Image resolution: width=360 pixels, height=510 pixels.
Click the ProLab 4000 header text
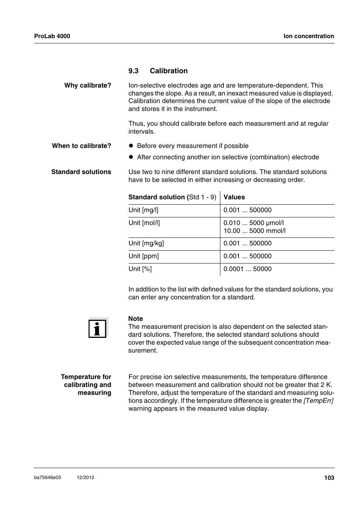[x=52, y=36]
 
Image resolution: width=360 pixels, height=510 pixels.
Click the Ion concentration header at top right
[x=309, y=36]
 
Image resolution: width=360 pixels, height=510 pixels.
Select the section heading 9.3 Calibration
[x=158, y=71]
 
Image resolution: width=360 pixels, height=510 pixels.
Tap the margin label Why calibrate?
[x=88, y=85]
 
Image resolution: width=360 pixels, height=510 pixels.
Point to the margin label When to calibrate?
[x=82, y=146]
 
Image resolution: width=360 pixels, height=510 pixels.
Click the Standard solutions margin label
[x=81, y=172]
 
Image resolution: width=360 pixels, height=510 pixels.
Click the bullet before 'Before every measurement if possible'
[x=131, y=146]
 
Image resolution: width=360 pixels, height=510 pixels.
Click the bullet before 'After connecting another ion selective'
[x=131, y=157]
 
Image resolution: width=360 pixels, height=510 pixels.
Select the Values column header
[x=234, y=197]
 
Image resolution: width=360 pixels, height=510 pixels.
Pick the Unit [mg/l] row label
[x=143, y=210]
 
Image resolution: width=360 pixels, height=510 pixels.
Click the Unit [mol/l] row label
[x=144, y=223]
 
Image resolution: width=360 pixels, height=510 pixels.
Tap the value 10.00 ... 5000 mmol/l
[x=254, y=231]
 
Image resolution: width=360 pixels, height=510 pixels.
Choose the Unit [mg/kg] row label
[x=146, y=243]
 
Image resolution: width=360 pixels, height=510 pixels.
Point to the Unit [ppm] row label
[x=143, y=256]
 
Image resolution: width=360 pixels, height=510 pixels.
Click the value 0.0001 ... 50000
[x=247, y=269]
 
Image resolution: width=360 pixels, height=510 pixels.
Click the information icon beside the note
[x=98, y=328]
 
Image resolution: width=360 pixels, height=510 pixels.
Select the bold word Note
[x=135, y=319]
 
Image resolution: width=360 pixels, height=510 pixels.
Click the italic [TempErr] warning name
[x=318, y=401]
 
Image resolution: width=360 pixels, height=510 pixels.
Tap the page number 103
[x=329, y=478]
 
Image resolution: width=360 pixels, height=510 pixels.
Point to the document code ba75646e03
[x=48, y=478]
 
